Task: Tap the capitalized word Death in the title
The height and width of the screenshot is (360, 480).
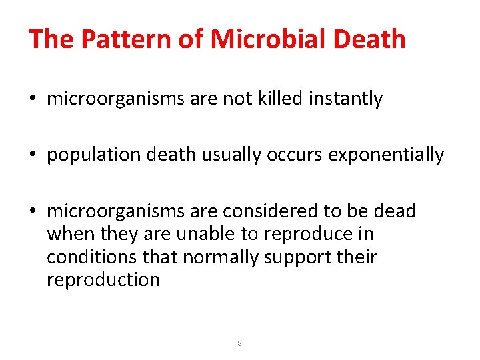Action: point(369,39)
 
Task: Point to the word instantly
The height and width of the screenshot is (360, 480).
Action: point(346,99)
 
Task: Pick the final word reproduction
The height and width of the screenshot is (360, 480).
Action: point(103,279)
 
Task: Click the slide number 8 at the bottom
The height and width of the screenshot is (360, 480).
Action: point(239,344)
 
